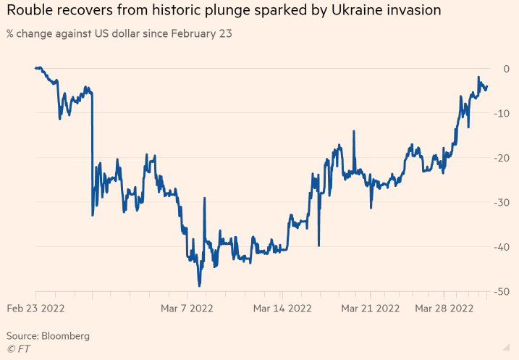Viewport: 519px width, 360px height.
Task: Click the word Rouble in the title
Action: click(30, 12)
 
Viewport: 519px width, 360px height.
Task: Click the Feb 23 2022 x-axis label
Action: click(36, 308)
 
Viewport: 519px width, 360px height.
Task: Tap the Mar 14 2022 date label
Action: click(282, 308)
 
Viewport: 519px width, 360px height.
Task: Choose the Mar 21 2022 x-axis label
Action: click(371, 308)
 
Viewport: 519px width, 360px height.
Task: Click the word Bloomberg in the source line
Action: click(67, 336)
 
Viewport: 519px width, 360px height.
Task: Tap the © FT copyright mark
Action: click(19, 348)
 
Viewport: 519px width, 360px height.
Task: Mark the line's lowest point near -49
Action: click(199, 285)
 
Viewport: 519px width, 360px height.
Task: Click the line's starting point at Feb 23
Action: click(35, 68)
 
